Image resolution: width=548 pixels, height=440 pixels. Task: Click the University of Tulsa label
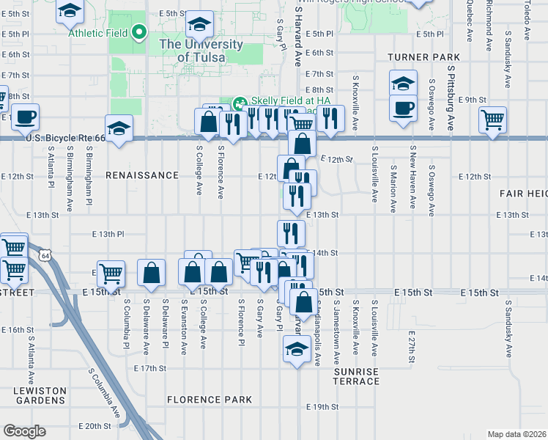(201, 50)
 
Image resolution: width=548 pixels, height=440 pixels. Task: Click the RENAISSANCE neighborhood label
(142, 176)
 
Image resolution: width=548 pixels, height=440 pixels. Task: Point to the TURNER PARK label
(424, 57)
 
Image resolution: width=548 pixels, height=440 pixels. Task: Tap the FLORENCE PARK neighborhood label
(209, 400)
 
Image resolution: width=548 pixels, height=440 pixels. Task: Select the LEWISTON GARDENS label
(40, 396)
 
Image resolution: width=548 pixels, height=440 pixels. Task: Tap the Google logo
(24, 431)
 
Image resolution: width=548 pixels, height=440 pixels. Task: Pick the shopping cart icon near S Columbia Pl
(111, 273)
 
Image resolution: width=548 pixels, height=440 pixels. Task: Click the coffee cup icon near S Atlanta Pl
(25, 116)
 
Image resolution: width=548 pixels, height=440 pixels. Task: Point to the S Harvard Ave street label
(298, 37)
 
